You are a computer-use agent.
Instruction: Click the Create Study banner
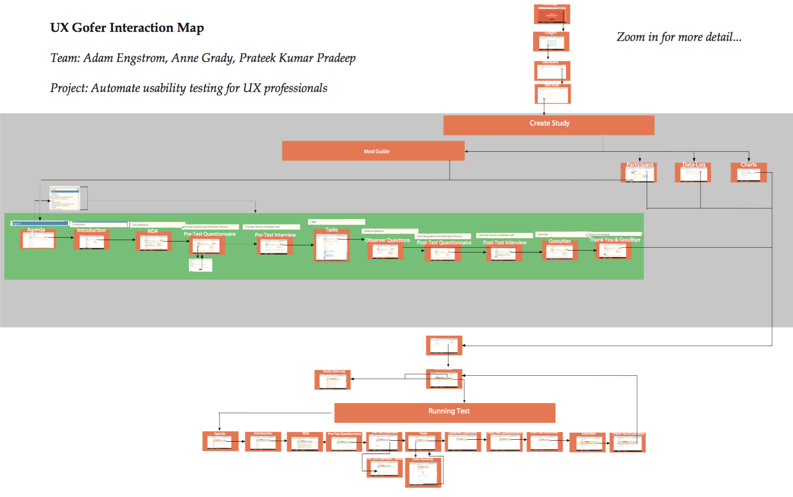click(549, 125)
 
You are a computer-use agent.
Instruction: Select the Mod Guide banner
click(373, 151)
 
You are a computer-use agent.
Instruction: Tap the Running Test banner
click(444, 412)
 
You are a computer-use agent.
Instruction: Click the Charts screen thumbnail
click(748, 173)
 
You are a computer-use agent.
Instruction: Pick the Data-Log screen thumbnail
click(692, 173)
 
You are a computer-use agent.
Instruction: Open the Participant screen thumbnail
click(639, 173)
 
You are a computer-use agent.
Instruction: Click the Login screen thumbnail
click(551, 42)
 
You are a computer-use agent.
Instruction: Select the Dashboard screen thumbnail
click(552, 71)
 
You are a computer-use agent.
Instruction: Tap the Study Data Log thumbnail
click(332, 380)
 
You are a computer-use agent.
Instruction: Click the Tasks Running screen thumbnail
click(423, 472)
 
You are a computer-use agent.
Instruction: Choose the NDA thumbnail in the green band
click(153, 242)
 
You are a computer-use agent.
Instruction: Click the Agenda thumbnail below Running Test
click(220, 442)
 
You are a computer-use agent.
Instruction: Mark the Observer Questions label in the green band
click(387, 240)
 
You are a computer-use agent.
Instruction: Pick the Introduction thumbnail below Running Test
click(263, 442)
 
